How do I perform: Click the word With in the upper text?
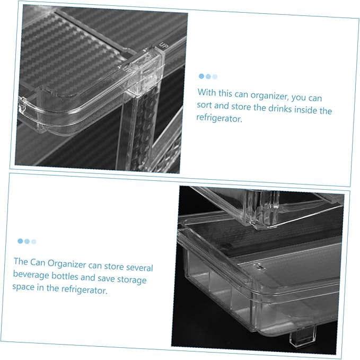pos(207,92)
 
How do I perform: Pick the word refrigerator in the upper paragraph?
pos(219,118)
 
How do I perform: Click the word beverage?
pos(31,275)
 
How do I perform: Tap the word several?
pos(139,268)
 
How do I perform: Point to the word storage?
pos(132,280)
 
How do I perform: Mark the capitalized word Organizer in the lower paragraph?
pos(67,264)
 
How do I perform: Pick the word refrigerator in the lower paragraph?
pos(84,290)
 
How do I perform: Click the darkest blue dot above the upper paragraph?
pos(201,76)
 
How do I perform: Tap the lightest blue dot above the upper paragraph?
pos(215,77)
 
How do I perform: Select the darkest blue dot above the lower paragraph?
pos(20,241)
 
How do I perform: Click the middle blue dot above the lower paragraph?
pos(27,241)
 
